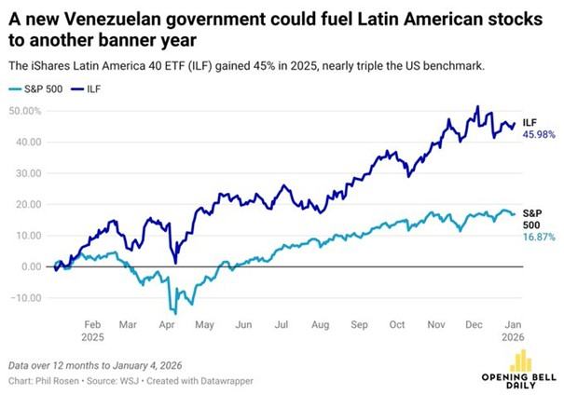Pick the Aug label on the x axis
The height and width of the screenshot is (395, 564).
pyautogui.click(x=321, y=327)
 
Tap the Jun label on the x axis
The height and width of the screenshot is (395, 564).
pyautogui.click(x=244, y=327)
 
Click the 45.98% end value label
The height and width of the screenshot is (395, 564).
pyautogui.click(x=538, y=136)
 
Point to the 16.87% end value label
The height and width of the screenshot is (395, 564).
pyautogui.click(x=538, y=237)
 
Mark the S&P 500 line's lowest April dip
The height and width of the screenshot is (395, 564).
pyautogui.click(x=173, y=312)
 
